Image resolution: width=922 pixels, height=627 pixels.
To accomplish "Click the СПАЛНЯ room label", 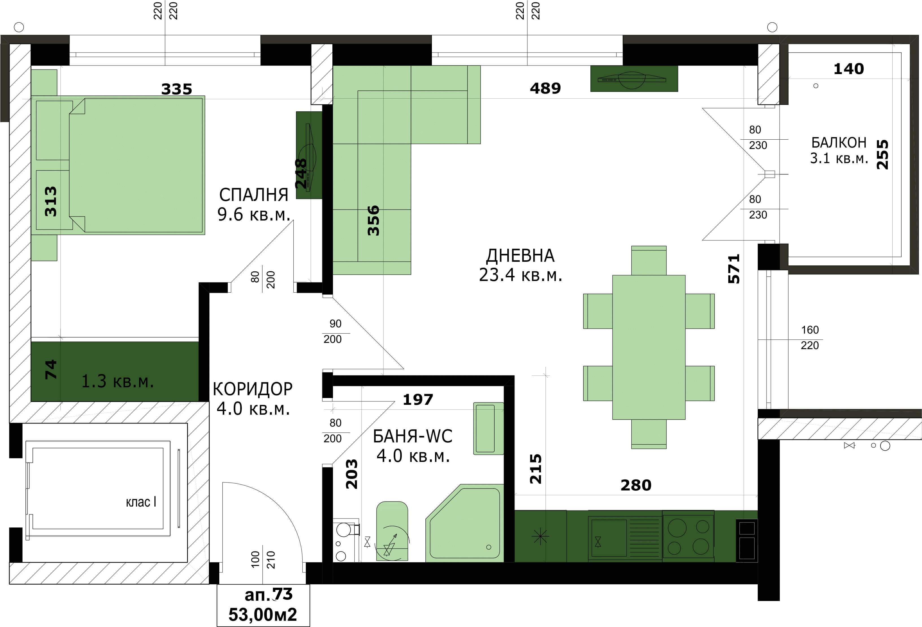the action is [x=254, y=195].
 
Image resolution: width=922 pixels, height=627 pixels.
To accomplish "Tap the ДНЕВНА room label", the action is [x=520, y=256].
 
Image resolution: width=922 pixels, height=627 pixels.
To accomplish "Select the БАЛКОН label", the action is [x=839, y=142].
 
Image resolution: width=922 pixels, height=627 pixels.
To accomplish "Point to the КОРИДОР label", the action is [x=253, y=389].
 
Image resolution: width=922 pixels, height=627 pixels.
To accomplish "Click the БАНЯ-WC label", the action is [x=413, y=436].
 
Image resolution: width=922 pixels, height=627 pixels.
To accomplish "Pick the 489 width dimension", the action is [x=546, y=88].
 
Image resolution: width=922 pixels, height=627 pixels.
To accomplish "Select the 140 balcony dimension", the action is [x=849, y=69].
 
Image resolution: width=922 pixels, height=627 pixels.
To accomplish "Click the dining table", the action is [x=649, y=347].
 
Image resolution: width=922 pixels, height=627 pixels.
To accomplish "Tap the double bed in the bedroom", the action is [x=118, y=165].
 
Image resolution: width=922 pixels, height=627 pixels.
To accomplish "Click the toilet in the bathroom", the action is [x=392, y=531].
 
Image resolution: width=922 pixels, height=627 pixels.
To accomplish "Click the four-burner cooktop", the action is [x=688, y=537].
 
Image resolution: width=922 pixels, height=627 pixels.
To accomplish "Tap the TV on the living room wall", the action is [x=634, y=79].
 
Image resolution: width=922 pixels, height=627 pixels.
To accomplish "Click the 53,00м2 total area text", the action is [x=263, y=615].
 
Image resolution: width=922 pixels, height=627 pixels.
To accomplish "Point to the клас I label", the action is [x=141, y=502].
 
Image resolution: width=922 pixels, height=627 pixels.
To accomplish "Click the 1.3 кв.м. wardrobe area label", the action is [x=117, y=381].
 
